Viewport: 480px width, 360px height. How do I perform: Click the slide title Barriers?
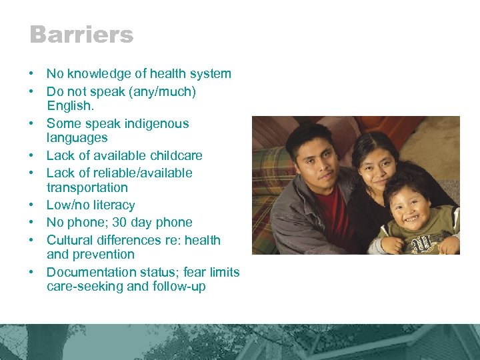81,35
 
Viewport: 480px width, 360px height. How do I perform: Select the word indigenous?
155,123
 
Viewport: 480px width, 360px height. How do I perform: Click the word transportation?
87,188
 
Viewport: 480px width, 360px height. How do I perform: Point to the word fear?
200,272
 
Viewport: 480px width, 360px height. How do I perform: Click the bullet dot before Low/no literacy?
32,205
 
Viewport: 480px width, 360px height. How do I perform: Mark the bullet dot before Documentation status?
32,272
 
